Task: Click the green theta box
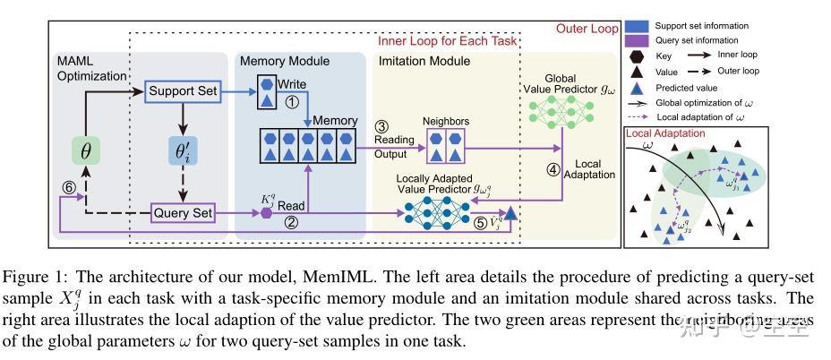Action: click(x=86, y=152)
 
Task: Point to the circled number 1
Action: click(x=291, y=102)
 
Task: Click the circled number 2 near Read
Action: click(x=291, y=224)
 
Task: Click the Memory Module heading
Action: click(x=286, y=62)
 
